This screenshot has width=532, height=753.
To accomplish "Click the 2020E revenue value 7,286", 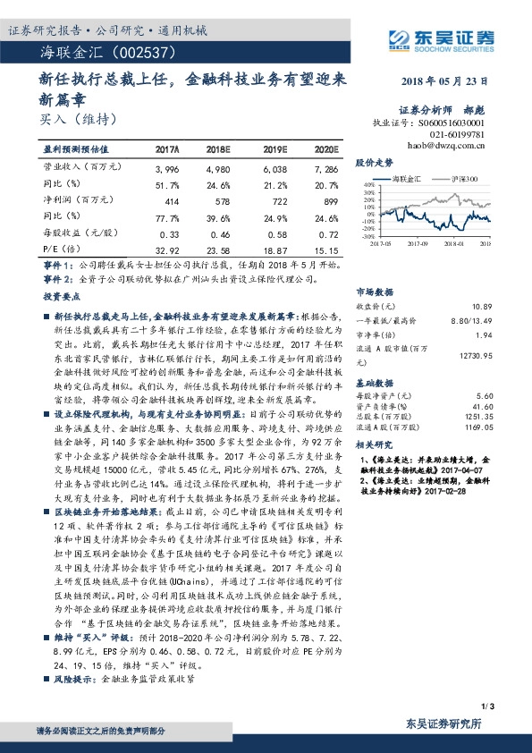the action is (x=325, y=168).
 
